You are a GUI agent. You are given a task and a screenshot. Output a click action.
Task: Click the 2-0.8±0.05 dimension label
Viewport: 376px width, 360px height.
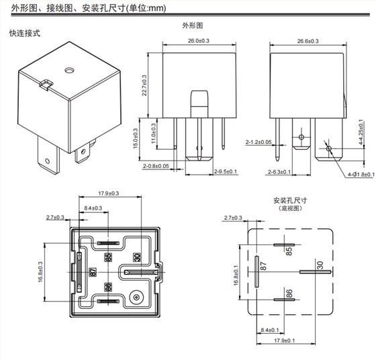point(156,165)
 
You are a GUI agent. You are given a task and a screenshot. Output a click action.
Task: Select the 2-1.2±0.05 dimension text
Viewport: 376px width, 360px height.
point(258,142)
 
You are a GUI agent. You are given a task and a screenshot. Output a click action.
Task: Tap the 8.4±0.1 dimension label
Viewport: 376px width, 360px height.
point(272,330)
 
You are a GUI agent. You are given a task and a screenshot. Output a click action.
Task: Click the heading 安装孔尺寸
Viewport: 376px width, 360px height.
point(289,201)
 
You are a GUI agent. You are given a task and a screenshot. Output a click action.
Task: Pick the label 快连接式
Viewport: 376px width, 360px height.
point(24,32)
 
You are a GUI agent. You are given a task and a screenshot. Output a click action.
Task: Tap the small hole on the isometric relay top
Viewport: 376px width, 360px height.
point(68,70)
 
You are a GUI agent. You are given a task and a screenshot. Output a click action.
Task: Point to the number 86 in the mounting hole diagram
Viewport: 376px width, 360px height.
point(289,294)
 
